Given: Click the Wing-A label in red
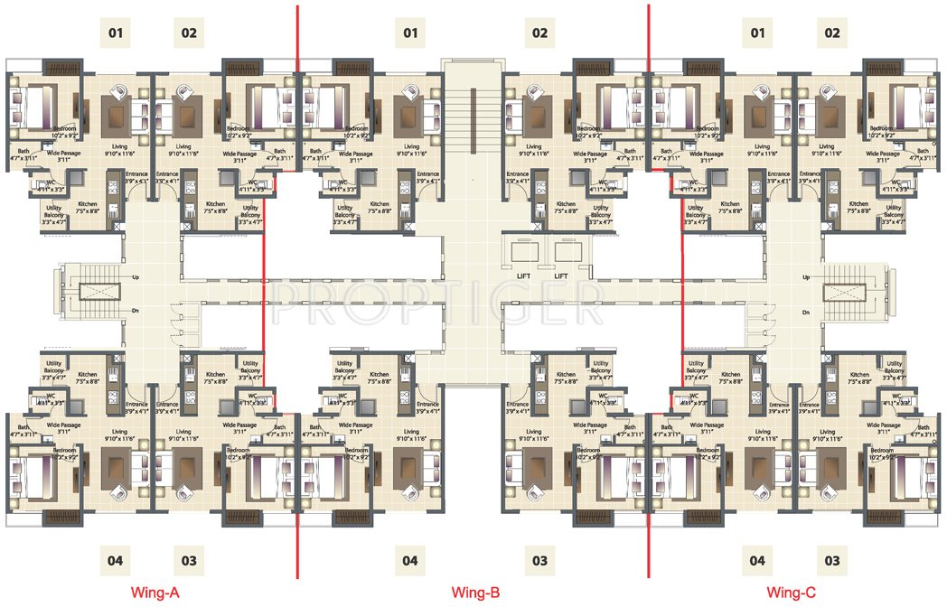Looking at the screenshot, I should pos(155,593).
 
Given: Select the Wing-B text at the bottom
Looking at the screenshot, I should pos(475,593).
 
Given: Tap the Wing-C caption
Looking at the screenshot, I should pos(792,593).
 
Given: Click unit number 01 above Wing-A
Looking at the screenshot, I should pos(115,34).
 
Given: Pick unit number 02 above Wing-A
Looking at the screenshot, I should pos(189,34).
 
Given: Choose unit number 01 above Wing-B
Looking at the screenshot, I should pos(411,34).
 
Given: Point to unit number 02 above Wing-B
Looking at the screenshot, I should pos(539,34).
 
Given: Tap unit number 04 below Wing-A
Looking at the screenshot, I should pos(115,560).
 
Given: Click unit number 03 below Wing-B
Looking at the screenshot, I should pos(539,560).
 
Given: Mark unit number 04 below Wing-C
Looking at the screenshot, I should pos(756,560).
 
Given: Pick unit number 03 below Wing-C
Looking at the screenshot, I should pos(831,560).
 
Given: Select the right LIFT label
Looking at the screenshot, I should pos(561,275).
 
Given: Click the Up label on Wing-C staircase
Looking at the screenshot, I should pos(805,277).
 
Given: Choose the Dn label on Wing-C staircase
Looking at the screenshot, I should pos(805,312).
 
